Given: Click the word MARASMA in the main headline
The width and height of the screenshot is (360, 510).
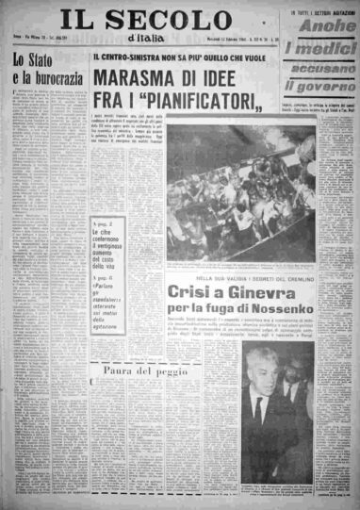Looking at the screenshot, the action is [x=146, y=79].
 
